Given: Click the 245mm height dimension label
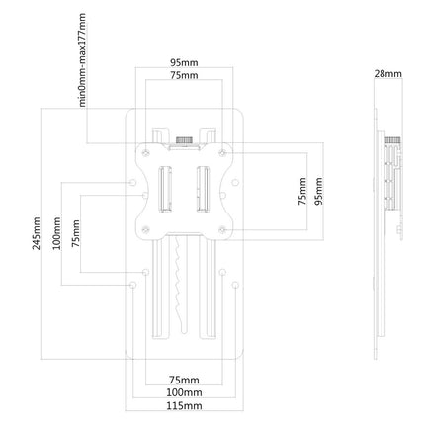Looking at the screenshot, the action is tap(37, 233).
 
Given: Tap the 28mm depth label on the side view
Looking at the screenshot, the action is tap(387, 73).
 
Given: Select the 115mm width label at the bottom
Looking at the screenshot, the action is tap(184, 405).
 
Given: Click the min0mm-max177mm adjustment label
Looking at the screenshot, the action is tap(82, 59).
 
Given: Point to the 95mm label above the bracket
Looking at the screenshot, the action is tap(184, 62).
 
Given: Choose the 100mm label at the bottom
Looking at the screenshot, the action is tap(184, 392).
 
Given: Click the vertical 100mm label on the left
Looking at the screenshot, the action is tap(57, 233).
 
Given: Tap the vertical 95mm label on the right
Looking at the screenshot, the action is tap(318, 191).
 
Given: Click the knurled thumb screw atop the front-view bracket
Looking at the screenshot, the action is tap(184, 139).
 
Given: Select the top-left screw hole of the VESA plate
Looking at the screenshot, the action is tap(146, 153).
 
